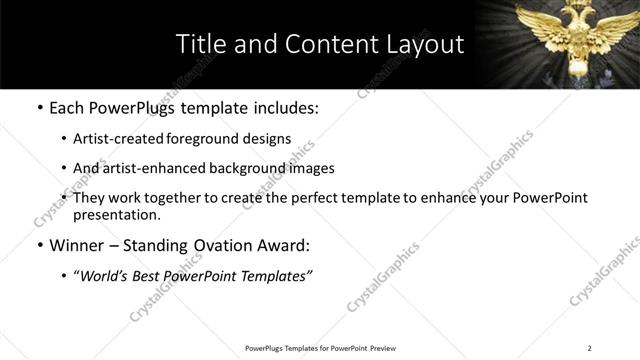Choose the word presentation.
[x=117, y=215]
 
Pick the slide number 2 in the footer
[x=590, y=348]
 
